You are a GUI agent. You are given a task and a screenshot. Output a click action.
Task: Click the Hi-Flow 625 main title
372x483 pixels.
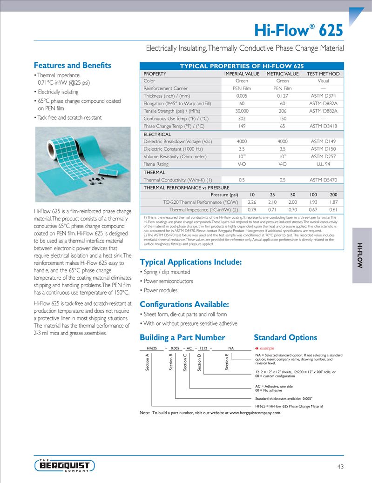coord(298,30)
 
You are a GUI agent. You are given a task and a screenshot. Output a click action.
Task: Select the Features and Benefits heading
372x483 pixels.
coord(72,65)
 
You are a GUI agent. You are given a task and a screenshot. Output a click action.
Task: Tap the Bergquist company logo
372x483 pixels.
coord(65,465)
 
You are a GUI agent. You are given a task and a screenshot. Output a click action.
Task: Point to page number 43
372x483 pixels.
coord(340,466)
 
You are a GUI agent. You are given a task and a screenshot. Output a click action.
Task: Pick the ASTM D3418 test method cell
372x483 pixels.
coord(323,126)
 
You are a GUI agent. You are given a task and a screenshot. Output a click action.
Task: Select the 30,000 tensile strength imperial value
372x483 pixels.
coord(242,111)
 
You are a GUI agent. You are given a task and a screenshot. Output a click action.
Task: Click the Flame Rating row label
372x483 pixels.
coord(156,164)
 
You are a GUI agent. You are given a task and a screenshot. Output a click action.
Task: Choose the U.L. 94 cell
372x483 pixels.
coord(323,164)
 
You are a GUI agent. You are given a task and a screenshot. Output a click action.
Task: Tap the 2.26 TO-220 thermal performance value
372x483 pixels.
coord(252,202)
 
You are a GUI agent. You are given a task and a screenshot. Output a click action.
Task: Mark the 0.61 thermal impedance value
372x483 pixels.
coord(333,209)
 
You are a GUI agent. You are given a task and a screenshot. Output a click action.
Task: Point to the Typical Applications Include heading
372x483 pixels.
coord(190,262)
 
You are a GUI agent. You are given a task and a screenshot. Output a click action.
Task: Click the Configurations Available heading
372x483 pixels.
coord(184,305)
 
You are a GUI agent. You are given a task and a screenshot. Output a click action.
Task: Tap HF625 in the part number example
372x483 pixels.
coord(152,348)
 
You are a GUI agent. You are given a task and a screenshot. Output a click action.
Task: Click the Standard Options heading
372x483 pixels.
coord(285,337)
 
